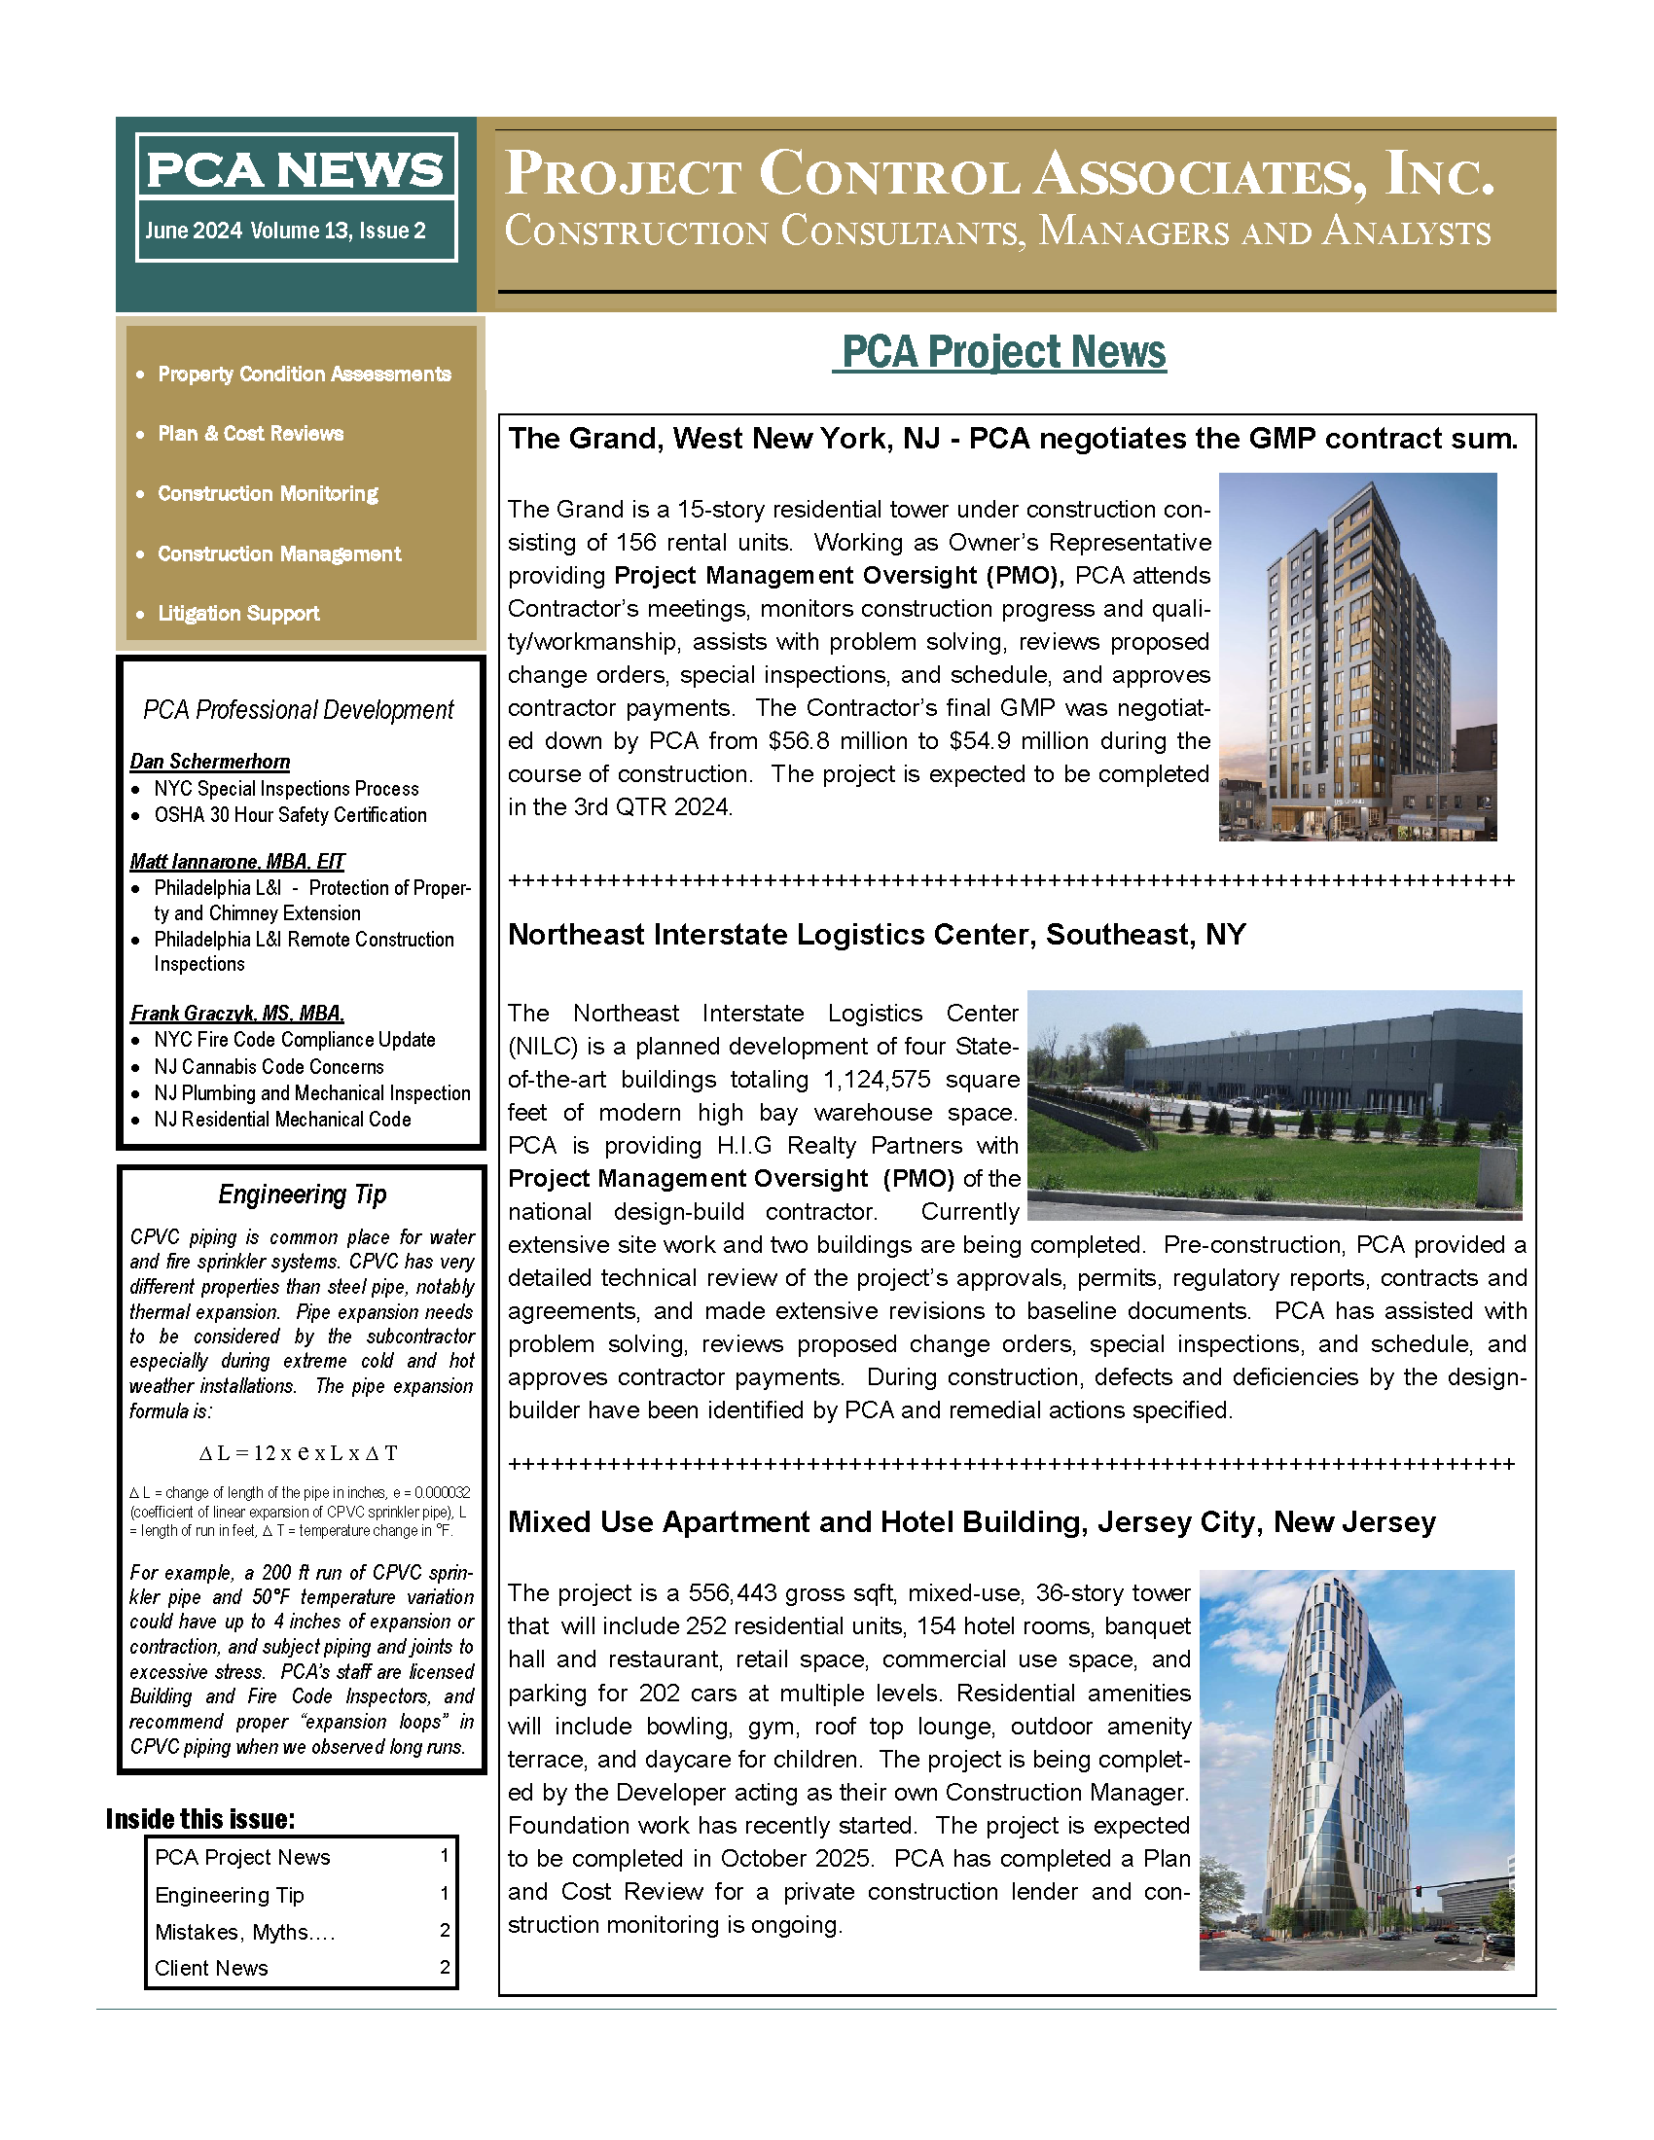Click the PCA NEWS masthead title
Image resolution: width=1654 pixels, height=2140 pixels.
click(295, 169)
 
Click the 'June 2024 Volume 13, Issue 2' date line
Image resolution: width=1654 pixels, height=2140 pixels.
click(285, 232)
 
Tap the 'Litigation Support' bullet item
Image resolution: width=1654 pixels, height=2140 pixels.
click(238, 614)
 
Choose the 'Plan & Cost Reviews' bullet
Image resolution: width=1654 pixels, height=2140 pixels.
click(250, 434)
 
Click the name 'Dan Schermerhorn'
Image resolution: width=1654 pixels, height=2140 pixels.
click(210, 762)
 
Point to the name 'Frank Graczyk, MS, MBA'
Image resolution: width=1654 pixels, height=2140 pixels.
click(237, 1014)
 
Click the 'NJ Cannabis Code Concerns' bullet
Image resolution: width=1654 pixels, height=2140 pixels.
click(269, 1066)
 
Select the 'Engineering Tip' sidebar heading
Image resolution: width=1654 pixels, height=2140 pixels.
click(302, 1195)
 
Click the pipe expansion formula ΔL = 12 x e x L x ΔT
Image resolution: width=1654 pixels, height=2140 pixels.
click(298, 1453)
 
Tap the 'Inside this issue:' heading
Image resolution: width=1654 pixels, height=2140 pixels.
click(199, 1820)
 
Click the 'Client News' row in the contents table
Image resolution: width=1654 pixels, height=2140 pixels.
click(211, 1968)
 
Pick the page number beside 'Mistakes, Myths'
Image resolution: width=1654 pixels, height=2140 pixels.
click(445, 1930)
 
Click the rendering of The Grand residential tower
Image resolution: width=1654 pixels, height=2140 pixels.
click(1357, 657)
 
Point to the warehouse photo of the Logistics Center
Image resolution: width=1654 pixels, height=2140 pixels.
click(1274, 1104)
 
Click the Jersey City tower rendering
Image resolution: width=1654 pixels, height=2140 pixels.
click(1356, 1768)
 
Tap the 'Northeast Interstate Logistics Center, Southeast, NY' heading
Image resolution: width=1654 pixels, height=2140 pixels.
click(876, 935)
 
